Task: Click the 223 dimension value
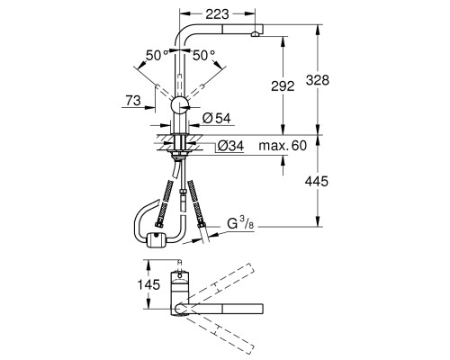coord(218,13)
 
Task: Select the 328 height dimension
coord(318,80)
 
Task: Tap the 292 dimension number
coord(283,86)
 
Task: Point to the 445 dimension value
coord(317,181)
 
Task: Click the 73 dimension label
coord(133,100)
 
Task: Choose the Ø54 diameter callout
coord(217,118)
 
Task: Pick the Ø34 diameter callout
coord(230,146)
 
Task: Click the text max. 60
coord(283,146)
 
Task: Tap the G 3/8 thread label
coord(240,223)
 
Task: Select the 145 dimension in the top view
coord(148,284)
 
